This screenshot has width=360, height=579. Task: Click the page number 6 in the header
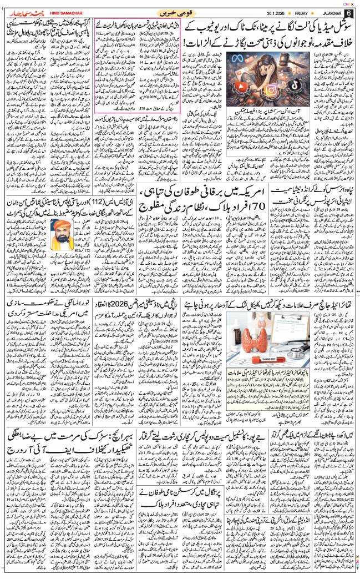tap(348, 13)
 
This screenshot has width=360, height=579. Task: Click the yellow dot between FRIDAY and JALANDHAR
tap(307, 13)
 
